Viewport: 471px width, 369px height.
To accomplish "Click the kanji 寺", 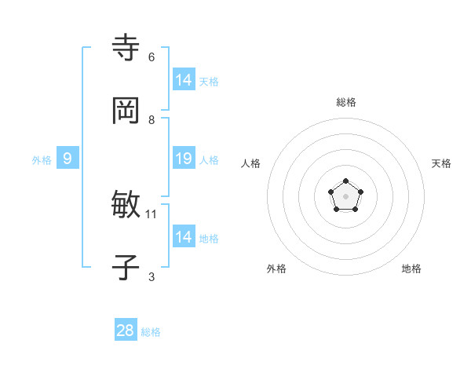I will click(x=126, y=48).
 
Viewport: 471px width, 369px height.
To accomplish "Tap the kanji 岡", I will click(x=126, y=111).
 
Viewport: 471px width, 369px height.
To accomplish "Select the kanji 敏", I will click(x=126, y=205).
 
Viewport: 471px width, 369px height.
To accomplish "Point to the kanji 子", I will click(x=126, y=268).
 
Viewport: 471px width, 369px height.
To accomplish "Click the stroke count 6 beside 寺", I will click(x=152, y=57).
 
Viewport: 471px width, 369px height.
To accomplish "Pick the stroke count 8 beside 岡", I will click(x=152, y=120).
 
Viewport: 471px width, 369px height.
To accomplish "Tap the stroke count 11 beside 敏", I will click(x=152, y=214).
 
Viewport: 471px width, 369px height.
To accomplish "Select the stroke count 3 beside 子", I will click(x=152, y=276).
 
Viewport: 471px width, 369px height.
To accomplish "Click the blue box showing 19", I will click(x=184, y=159).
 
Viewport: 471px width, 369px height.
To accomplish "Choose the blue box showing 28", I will click(x=126, y=331).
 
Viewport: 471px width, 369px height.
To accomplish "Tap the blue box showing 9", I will click(x=68, y=159).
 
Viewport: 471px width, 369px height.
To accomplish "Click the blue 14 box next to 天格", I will click(x=184, y=80).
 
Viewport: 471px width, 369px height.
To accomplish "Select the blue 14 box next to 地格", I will click(x=184, y=237).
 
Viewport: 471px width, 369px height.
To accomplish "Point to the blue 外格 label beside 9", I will click(x=42, y=160).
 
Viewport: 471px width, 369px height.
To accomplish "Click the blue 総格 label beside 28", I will click(x=152, y=332).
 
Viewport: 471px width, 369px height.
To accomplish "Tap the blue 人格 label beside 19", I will click(x=209, y=160).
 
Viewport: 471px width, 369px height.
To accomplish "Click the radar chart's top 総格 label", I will click(x=346, y=102).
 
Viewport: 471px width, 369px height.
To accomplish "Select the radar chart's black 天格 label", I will click(x=441, y=163).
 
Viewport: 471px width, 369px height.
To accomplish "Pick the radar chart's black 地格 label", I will click(x=411, y=269).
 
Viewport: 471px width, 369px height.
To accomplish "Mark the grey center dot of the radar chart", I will click(x=345, y=195).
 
